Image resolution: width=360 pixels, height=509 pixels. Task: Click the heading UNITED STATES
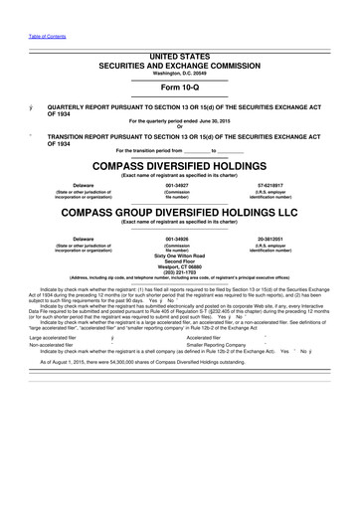[179, 59]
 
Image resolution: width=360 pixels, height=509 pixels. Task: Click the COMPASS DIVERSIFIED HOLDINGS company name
[179, 165]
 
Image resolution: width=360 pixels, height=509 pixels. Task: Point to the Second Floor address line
[179, 261]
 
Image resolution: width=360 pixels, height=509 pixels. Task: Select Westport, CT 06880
[179, 267]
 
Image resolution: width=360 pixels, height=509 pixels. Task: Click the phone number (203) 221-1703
[179, 273]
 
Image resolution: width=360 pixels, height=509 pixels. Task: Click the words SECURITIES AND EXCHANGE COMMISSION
[179, 68]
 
